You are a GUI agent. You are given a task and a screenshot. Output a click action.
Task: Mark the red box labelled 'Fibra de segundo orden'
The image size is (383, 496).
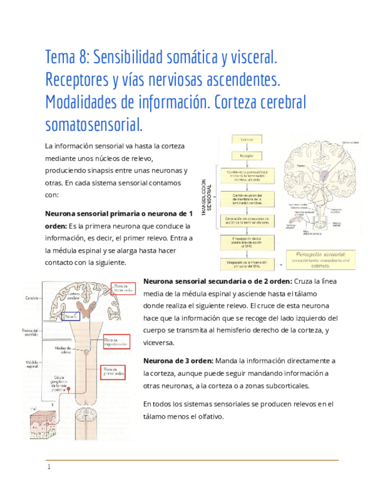click(116, 342)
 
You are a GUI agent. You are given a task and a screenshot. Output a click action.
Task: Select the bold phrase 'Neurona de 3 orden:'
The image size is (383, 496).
click(178, 360)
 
